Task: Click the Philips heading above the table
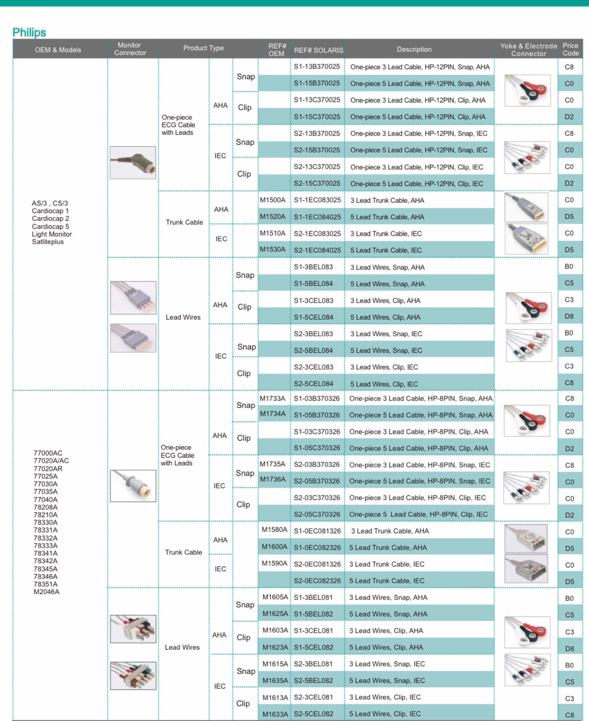point(29,33)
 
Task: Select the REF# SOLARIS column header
point(318,50)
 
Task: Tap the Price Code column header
point(570,49)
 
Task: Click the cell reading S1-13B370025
point(316,67)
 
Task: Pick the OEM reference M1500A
point(273,200)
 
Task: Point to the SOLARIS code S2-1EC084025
point(317,250)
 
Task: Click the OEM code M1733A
point(273,398)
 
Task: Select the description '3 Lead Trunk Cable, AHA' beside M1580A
point(390,531)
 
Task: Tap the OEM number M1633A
point(275,714)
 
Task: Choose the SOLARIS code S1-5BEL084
point(313,284)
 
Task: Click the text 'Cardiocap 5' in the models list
point(50,227)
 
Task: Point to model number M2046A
point(46,592)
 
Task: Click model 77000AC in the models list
point(48,453)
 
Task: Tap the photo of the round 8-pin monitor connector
point(133,485)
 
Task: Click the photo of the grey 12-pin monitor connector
point(133,162)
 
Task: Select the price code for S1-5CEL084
point(569,316)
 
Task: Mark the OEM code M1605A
point(275,597)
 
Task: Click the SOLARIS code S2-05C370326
point(317,514)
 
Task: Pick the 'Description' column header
point(414,49)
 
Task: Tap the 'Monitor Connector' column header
point(130,49)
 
